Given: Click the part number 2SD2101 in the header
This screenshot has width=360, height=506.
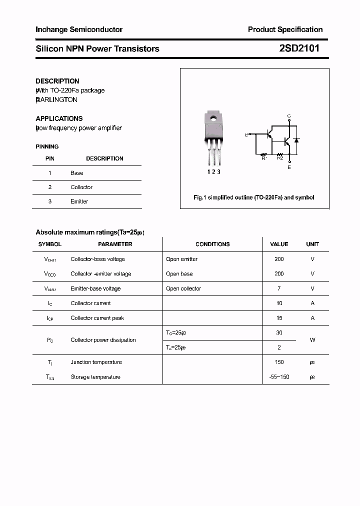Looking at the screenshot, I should (299, 48).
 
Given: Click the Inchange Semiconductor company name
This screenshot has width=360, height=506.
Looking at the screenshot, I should (79, 29).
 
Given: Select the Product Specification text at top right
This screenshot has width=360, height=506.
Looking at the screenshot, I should (285, 29).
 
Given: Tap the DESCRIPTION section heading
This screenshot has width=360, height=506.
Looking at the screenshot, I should (57, 81).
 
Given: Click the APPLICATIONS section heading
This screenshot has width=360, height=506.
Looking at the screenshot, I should (59, 118).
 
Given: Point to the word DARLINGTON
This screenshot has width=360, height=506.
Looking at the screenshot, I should (57, 99).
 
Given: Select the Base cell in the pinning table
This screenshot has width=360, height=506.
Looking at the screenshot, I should (77, 173).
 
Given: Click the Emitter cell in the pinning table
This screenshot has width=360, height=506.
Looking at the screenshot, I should (79, 201).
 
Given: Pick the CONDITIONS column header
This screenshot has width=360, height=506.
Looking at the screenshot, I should (212, 244).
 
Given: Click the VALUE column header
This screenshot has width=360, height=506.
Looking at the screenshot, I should (279, 244).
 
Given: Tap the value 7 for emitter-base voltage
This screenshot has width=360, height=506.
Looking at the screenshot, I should (279, 288).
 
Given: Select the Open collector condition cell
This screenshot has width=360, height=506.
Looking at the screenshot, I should (183, 288).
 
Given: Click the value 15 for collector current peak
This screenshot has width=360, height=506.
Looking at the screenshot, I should (279, 318).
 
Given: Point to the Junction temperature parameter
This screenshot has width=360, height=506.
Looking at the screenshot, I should (96, 362).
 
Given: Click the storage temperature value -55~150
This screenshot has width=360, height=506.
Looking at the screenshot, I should (279, 377).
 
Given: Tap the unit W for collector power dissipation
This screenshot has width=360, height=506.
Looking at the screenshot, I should (312, 340).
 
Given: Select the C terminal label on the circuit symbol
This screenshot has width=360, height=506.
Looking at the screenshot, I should (289, 116).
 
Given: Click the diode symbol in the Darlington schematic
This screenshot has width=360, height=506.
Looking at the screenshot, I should (296, 140).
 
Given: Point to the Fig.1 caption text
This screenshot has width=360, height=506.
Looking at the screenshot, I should (254, 197).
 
